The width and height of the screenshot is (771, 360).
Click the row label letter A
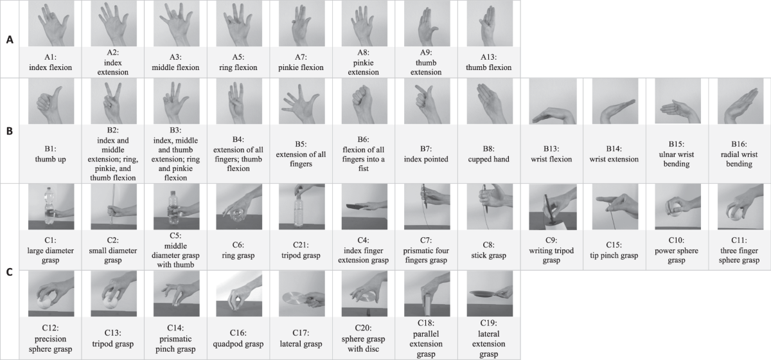click(10, 40)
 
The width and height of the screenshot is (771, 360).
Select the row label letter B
click(10, 131)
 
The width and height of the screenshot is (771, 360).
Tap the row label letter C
click(10, 272)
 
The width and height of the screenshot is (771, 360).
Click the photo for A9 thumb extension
click(427, 23)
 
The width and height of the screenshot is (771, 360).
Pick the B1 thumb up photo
click(51, 102)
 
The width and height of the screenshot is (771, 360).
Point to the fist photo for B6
click(364, 102)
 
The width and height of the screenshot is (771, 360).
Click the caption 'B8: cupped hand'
click(489, 154)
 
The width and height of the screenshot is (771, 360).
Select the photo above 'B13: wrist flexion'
click(552, 102)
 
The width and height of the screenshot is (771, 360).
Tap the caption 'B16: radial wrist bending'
click(740, 154)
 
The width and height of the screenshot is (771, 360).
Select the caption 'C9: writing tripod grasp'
click(551, 251)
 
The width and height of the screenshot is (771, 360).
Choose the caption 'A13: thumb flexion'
click(489, 62)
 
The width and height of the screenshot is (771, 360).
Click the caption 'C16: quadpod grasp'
click(238, 338)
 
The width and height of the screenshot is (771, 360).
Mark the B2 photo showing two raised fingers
click(114, 102)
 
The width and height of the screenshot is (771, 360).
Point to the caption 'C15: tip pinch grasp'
click(614, 251)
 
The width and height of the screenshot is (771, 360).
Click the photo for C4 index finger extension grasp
click(364, 207)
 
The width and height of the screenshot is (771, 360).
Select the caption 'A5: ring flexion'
click(238, 62)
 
